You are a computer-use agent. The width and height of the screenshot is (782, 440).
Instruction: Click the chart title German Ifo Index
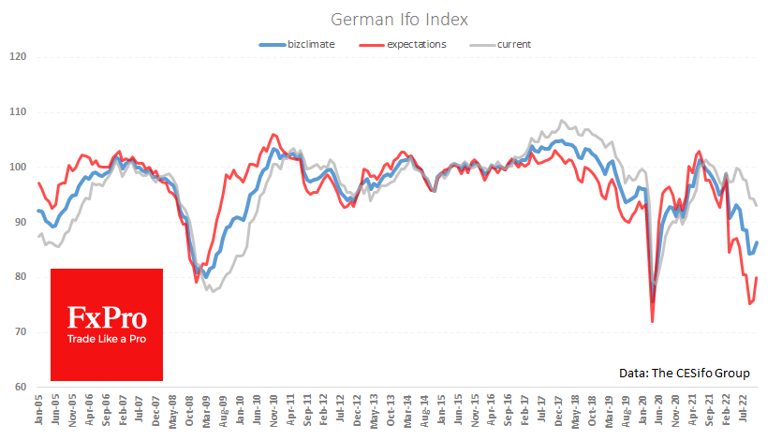click(x=391, y=20)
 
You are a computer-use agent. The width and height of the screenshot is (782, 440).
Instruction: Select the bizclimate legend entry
click(x=298, y=44)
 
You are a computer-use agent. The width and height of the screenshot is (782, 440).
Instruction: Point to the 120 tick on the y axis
click(x=18, y=57)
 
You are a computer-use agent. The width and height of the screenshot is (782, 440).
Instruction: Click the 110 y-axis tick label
click(x=18, y=112)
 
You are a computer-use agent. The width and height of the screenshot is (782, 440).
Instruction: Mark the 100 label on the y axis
click(x=18, y=168)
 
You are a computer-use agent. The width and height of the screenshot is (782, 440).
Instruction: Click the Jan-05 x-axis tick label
click(x=38, y=412)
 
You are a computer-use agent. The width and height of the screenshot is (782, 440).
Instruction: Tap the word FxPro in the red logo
click(x=106, y=318)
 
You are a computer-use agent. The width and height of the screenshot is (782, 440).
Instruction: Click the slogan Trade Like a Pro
click(x=106, y=338)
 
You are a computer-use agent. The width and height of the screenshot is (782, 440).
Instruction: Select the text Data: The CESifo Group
click(x=684, y=373)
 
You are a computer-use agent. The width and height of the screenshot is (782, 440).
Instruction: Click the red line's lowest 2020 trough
click(x=652, y=321)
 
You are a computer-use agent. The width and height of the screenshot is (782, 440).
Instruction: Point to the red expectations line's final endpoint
click(x=756, y=278)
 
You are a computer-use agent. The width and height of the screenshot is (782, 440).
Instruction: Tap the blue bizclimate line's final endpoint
click(x=757, y=242)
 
